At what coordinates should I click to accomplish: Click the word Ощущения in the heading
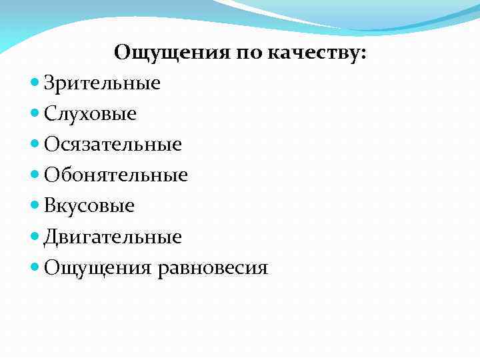(x=171, y=53)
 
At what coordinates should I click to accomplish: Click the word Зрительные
(x=102, y=83)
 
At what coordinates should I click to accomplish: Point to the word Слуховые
(x=90, y=114)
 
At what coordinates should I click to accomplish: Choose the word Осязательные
(x=113, y=145)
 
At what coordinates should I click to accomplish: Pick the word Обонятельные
(x=116, y=175)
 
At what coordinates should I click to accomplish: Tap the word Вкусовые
(x=89, y=206)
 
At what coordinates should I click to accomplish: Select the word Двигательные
(x=113, y=237)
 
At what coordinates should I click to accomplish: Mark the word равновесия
(x=213, y=268)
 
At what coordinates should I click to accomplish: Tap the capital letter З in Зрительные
(x=49, y=83)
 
